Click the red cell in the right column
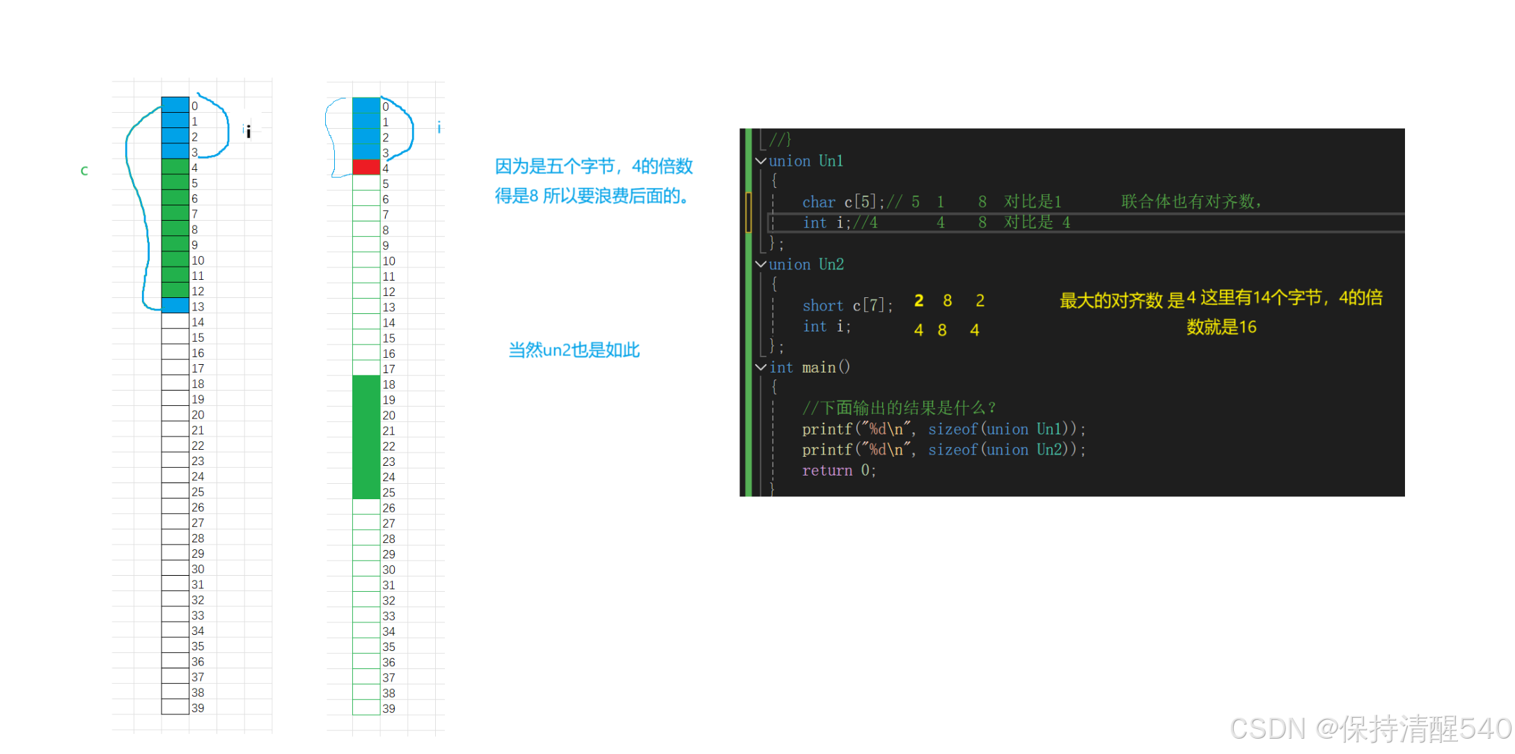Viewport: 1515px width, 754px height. pyautogui.click(x=366, y=167)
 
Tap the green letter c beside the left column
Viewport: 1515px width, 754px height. pyautogui.click(x=84, y=171)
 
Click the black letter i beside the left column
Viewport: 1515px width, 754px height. pyautogui.click(x=248, y=131)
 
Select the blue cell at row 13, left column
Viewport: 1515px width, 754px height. pyautogui.click(x=175, y=306)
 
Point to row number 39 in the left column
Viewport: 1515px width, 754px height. pyautogui.click(x=198, y=708)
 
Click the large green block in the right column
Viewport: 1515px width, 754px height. pyautogui.click(x=366, y=437)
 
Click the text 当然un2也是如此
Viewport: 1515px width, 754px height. pyautogui.click(x=574, y=349)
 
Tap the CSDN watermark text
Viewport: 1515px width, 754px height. pyautogui.click(x=1369, y=728)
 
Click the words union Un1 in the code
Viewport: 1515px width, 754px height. pyautogui.click(x=806, y=162)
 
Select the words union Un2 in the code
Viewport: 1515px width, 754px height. pyautogui.click(x=806, y=265)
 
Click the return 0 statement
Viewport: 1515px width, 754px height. pyautogui.click(x=838, y=471)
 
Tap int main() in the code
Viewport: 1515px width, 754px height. pyautogui.click(x=809, y=368)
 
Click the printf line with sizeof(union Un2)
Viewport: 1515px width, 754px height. pyautogui.click(x=943, y=450)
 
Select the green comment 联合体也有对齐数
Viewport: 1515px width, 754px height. pyautogui.click(x=1191, y=202)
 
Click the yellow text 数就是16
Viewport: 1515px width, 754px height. pyautogui.click(x=1221, y=327)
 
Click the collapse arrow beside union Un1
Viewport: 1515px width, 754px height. pyautogui.click(x=761, y=161)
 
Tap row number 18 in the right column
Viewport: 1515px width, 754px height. pyautogui.click(x=388, y=384)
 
